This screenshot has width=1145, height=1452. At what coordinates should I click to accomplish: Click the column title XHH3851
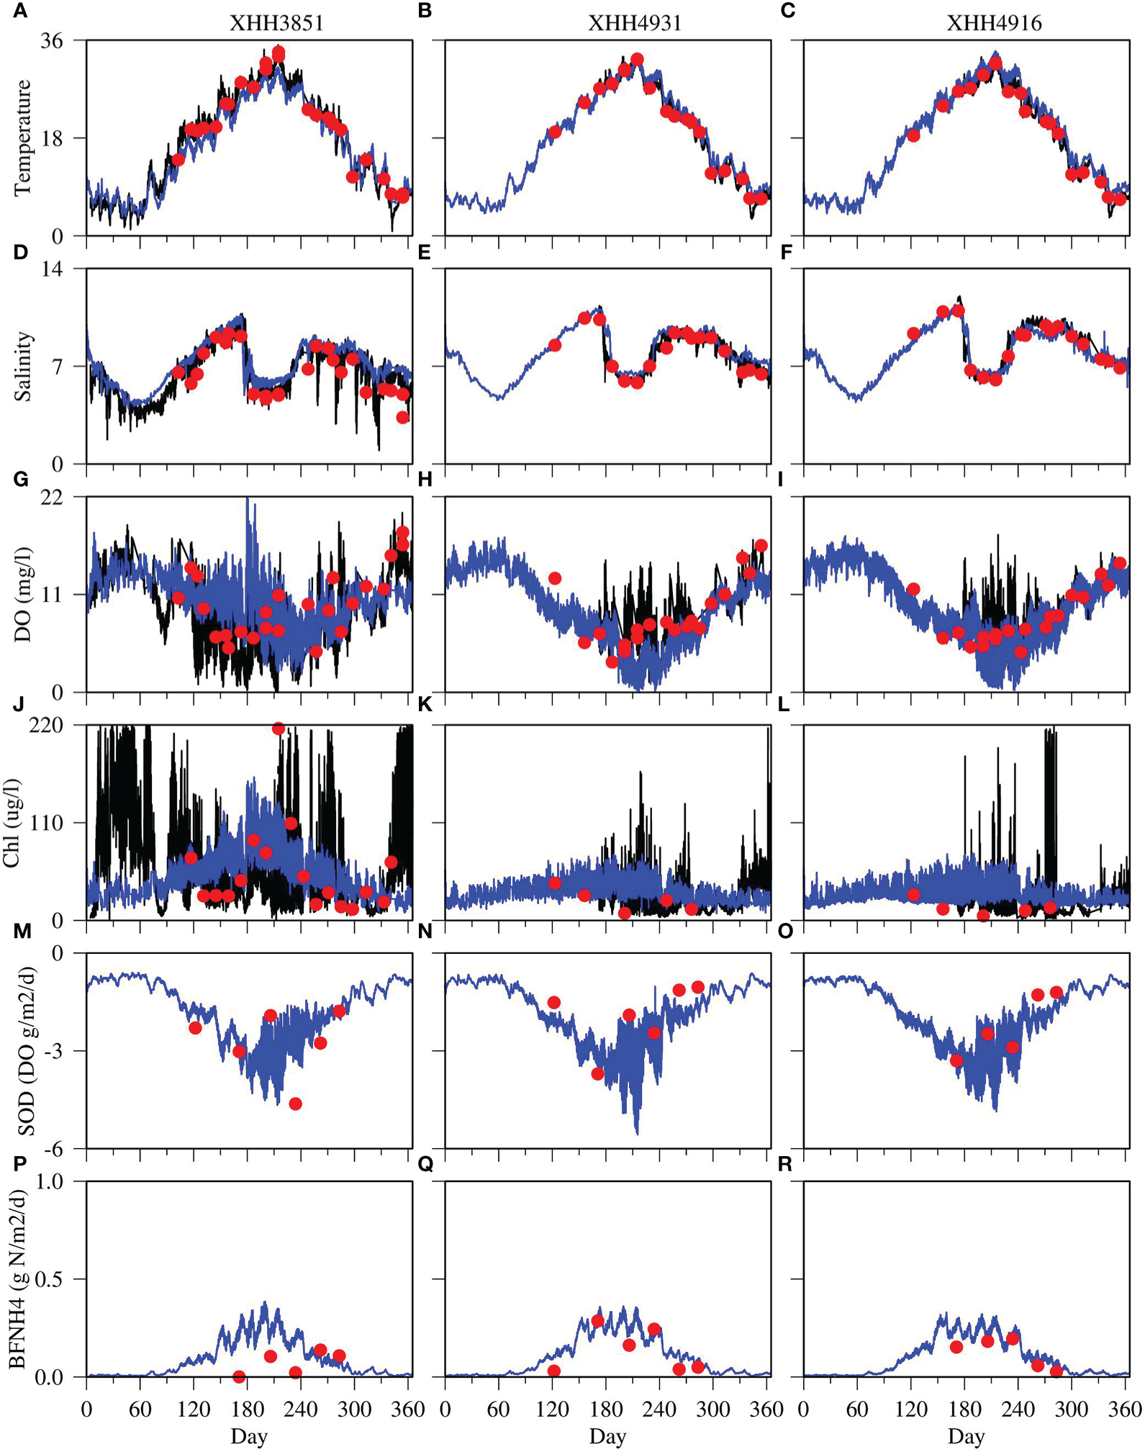[x=276, y=23]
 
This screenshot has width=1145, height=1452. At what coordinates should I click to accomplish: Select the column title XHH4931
[x=634, y=23]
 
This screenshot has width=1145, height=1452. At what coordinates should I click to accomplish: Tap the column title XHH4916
[x=994, y=23]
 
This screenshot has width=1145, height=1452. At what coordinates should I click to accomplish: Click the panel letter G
[x=20, y=479]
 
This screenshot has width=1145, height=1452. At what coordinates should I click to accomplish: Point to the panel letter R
[x=785, y=1164]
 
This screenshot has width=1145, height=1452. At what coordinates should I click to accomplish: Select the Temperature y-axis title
[x=22, y=137]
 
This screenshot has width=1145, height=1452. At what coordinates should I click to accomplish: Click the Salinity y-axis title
[x=22, y=366]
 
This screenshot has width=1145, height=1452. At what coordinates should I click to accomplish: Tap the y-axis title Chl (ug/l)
[x=12, y=822]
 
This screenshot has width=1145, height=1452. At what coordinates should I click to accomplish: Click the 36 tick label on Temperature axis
[x=52, y=41]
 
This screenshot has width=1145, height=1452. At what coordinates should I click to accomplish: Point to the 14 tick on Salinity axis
[x=52, y=269]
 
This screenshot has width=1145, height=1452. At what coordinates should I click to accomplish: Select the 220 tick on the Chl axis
[x=46, y=725]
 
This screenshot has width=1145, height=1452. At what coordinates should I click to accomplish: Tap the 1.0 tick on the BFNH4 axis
[x=48, y=1181]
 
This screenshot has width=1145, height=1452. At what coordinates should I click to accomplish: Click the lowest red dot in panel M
[x=295, y=1104]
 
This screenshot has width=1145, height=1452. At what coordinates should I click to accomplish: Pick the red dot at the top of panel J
[x=279, y=729]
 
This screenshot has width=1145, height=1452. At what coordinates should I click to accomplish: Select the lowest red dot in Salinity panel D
[x=403, y=418]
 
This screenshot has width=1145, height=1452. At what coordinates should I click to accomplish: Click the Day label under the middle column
[x=607, y=1436]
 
